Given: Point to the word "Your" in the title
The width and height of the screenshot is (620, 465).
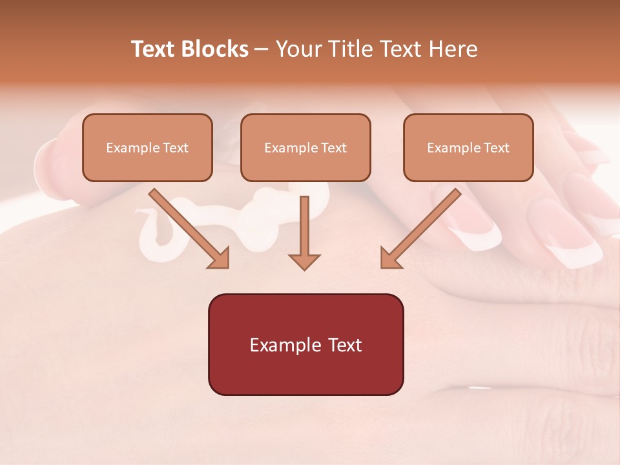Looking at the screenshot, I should point(299,49).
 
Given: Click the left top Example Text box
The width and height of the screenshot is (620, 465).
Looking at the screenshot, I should point(147,147).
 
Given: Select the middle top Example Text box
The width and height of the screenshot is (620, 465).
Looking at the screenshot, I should point(305,147).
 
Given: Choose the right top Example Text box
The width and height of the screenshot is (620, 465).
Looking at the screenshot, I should point(468,147).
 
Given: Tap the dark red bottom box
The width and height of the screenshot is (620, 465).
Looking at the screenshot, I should point(305,344).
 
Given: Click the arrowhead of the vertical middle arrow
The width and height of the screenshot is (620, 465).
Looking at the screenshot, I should point(304,261).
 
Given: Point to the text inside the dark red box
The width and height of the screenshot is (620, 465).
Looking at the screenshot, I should point(305,345).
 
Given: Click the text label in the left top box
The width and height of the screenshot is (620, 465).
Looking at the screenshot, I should point(147,148).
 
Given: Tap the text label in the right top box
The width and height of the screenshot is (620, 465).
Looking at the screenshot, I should point(468,148).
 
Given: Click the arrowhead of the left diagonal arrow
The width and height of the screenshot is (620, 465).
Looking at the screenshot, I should point(220,258).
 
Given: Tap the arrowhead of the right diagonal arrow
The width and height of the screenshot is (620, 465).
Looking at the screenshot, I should point(390,258).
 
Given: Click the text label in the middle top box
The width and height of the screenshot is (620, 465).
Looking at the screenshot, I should point(305,148).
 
